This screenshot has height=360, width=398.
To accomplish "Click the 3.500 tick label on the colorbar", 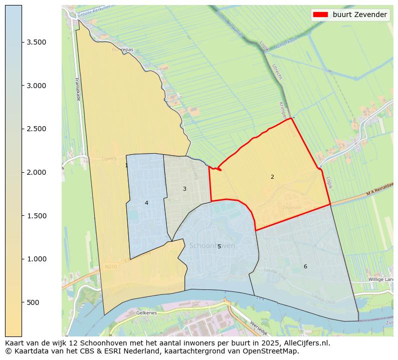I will (x=37, y=42).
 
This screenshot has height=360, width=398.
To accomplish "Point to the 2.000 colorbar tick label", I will (x=37, y=172).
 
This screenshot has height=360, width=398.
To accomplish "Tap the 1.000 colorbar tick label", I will (x=37, y=259).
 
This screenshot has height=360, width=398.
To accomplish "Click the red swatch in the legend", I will (x=320, y=15).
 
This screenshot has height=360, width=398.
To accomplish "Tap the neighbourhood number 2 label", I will (x=272, y=177).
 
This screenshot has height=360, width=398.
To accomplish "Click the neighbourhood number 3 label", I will (x=184, y=189).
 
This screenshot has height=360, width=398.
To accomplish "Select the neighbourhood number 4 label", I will (x=146, y=203).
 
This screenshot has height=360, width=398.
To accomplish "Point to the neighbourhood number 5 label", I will (x=219, y=246).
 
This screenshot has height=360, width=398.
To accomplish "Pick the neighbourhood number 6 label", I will (x=305, y=266).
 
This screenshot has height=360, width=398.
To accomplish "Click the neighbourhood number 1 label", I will (x=126, y=165).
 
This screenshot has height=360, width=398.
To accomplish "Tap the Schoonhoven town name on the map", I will (x=212, y=246).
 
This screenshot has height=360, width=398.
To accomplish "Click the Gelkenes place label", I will (x=146, y=312).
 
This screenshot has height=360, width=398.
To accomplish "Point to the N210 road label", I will (x=111, y=267).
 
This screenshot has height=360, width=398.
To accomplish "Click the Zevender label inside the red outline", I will (x=292, y=207).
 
